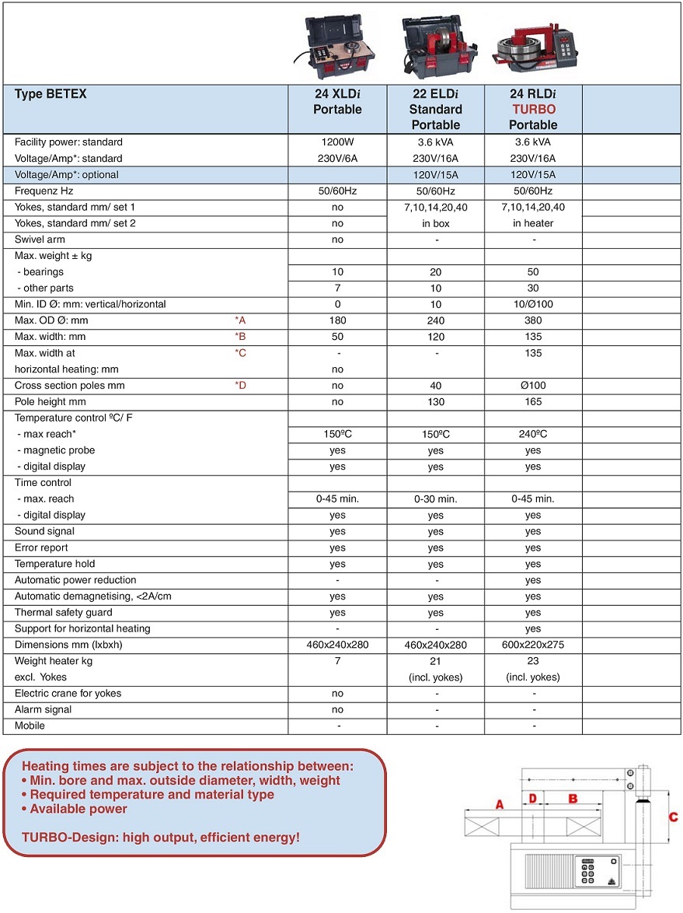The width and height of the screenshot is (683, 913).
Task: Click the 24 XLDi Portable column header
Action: tap(337, 102)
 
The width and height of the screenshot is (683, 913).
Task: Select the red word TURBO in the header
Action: tap(532, 110)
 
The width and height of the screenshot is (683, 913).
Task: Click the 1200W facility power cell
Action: tap(337, 142)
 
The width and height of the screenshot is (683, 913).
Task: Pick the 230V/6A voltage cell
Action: tap(337, 159)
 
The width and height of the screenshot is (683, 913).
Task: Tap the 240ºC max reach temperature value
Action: tap(532, 435)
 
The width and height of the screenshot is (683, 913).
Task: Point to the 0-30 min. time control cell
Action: tap(435, 499)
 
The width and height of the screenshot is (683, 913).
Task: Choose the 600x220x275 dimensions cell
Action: tap(532, 645)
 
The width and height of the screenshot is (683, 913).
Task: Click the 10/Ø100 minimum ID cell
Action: tap(532, 304)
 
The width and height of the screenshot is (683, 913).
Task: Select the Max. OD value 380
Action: tap(532, 320)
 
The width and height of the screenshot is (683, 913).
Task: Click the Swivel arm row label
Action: tap(40, 240)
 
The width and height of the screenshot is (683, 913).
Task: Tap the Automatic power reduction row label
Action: tap(75, 580)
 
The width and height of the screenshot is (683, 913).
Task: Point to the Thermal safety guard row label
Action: tap(64, 613)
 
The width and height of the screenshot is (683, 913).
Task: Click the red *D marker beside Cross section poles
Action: tap(240, 386)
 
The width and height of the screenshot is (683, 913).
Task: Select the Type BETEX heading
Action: tap(51, 94)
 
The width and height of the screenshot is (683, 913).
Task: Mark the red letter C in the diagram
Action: tap(673, 817)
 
